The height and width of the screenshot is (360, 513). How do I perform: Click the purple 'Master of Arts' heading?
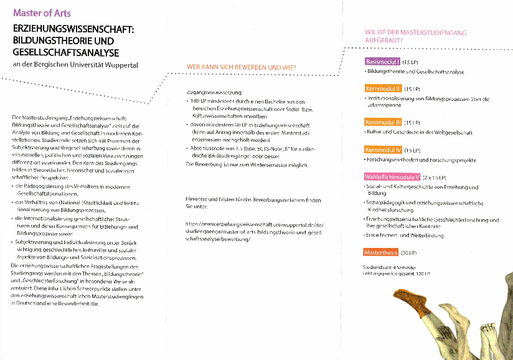coord(42,13)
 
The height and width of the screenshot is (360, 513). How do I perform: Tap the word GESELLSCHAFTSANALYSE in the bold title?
coord(66,52)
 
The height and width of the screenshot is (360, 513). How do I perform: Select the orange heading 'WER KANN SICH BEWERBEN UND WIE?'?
coord(242,67)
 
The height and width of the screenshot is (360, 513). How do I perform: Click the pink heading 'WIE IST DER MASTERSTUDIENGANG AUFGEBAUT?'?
coord(415,36)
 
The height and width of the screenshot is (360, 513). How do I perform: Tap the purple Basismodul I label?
coord(382,62)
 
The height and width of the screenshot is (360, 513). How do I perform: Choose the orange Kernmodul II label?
coord(383,88)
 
